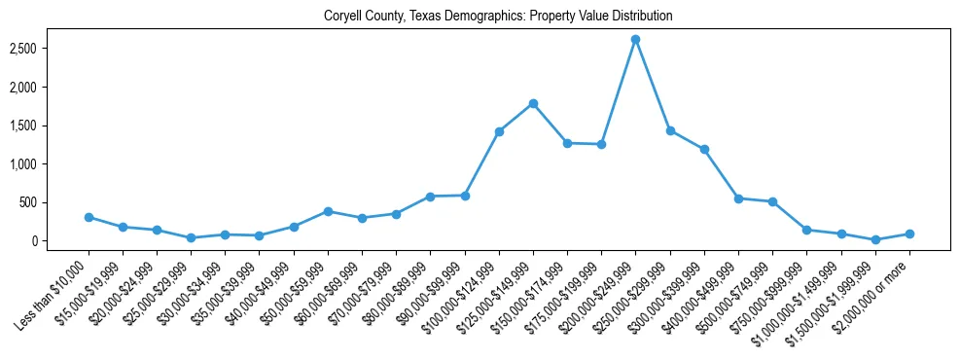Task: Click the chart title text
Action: (x=498, y=17)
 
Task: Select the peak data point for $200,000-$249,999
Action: (x=635, y=40)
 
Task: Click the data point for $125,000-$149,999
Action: (x=533, y=104)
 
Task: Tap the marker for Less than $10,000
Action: (x=89, y=217)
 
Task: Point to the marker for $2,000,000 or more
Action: (x=908, y=234)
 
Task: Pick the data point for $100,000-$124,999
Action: (x=499, y=131)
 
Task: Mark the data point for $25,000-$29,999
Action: (x=191, y=237)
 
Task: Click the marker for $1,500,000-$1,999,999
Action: (x=874, y=239)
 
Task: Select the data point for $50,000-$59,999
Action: (x=328, y=211)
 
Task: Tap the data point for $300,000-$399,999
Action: (x=704, y=150)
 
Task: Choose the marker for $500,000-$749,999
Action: (x=772, y=202)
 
